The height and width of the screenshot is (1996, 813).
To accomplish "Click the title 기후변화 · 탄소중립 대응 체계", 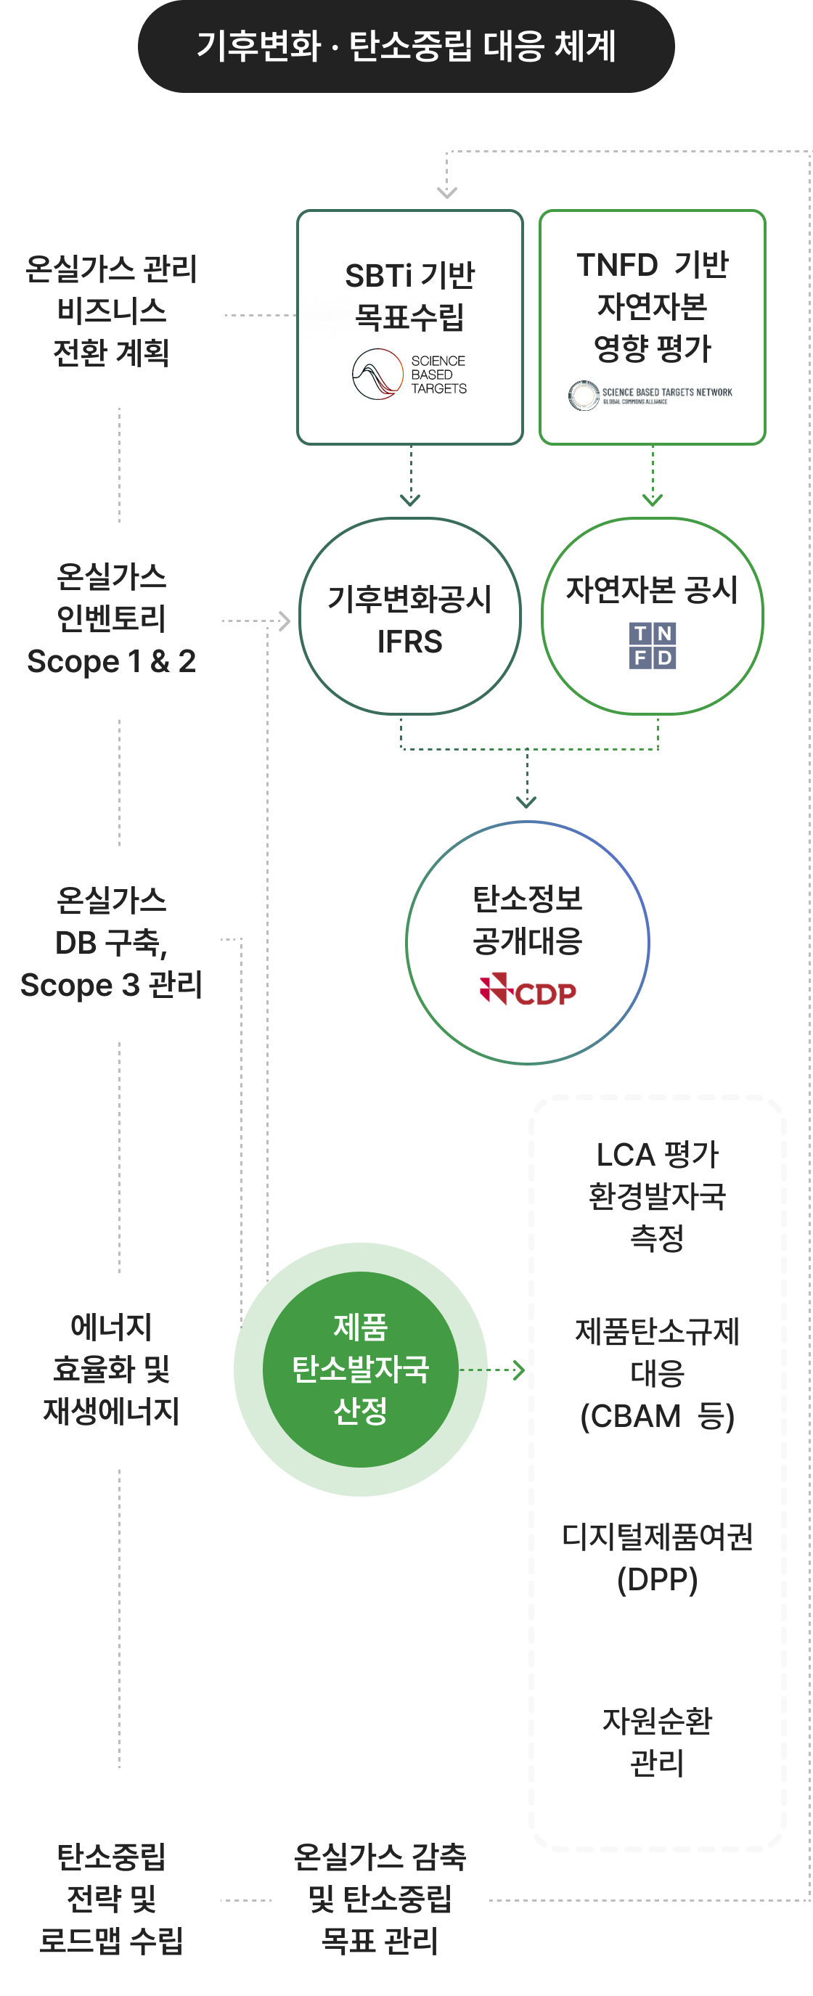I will point(406,46).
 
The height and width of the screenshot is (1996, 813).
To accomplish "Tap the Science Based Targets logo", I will point(409,375).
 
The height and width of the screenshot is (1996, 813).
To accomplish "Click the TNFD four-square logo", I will point(653,645).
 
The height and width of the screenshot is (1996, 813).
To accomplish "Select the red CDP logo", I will point(528,990).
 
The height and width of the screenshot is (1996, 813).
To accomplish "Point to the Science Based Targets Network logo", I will point(651,394).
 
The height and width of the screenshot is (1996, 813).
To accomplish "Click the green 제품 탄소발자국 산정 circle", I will point(360,1369).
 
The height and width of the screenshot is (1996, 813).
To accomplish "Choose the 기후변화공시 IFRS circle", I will point(410,617).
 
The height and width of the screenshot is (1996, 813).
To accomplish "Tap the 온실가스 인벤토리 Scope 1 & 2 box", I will point(112,619).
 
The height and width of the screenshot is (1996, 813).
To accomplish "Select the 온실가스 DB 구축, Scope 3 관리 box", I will point(112,942).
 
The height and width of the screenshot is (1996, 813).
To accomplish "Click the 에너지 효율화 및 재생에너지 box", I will point(112,1369).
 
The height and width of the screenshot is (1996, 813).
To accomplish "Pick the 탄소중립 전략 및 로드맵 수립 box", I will point(112,1898).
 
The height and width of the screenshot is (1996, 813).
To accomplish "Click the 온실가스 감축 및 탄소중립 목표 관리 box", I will point(380,1898).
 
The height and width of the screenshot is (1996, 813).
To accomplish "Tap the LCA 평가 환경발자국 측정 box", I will point(657,1195).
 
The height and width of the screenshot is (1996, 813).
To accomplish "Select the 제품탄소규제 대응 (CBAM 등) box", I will point(657,1374).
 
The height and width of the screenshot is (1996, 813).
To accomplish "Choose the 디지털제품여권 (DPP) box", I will point(657,1558).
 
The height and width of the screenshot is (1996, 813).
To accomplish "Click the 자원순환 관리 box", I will point(657,1742).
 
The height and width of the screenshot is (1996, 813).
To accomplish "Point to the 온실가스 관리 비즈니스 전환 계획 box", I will point(112,311).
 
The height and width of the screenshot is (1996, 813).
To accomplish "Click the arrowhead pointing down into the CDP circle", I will point(527,803).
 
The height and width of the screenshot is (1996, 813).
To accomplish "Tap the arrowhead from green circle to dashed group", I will point(519,1370).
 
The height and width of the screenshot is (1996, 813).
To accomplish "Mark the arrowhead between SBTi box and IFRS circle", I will point(410,501).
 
